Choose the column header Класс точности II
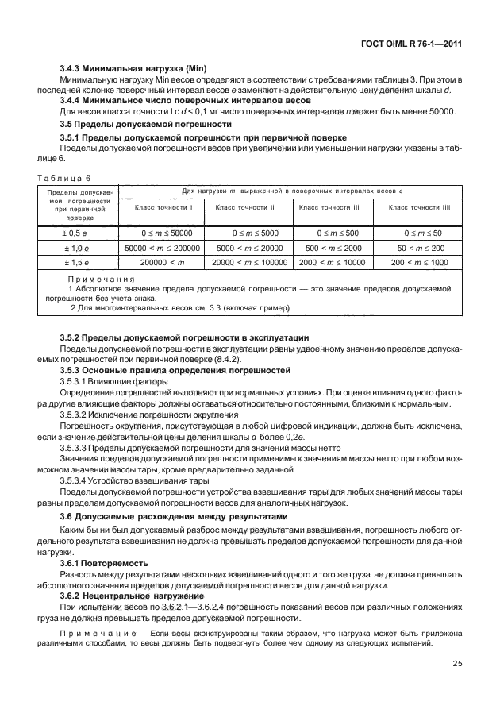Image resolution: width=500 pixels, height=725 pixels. [x=249, y=207]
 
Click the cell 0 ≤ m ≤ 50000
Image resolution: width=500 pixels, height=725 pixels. [x=162, y=233]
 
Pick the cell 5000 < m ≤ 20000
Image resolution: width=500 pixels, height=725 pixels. [x=249, y=248]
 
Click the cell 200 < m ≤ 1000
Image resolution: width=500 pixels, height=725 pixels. [x=419, y=262]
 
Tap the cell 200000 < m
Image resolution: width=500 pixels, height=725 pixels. [x=162, y=262]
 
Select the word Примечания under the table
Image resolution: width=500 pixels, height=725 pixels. [x=101, y=280]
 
